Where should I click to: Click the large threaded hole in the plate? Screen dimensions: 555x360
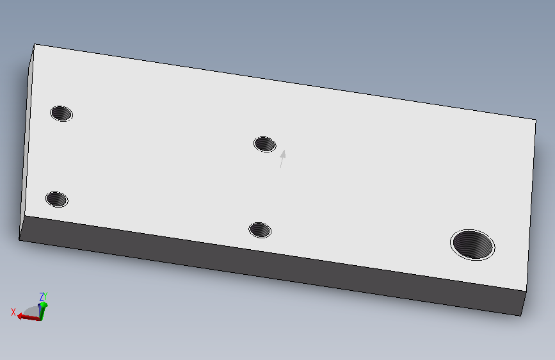pos(472,245)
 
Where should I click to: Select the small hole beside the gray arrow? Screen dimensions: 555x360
pos(265,144)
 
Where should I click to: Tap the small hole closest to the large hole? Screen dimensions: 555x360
pos(260,231)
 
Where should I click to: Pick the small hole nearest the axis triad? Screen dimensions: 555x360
pos(57,199)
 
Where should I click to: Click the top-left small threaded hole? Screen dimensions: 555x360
pos(61,113)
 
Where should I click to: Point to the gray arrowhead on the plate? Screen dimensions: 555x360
pos(283,154)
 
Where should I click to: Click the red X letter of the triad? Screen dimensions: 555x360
pos(13,312)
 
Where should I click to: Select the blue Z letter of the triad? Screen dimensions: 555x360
pos(41,297)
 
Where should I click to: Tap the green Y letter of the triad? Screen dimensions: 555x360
pos(45,296)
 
